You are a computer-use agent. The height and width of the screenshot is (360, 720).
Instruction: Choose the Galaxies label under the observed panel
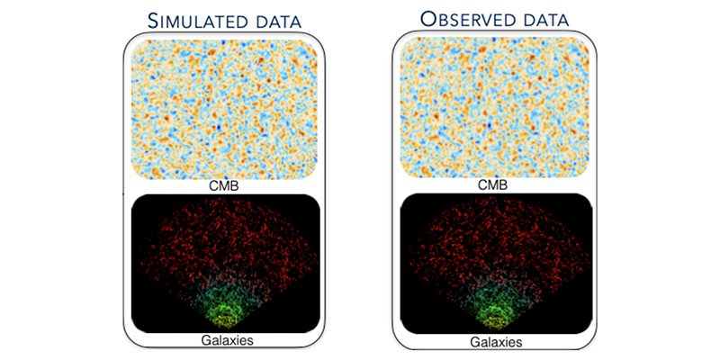coord(495,342)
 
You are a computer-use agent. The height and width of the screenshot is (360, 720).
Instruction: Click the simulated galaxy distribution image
coord(225,261)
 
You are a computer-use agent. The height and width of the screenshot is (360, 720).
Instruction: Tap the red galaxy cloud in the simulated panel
coord(225,234)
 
